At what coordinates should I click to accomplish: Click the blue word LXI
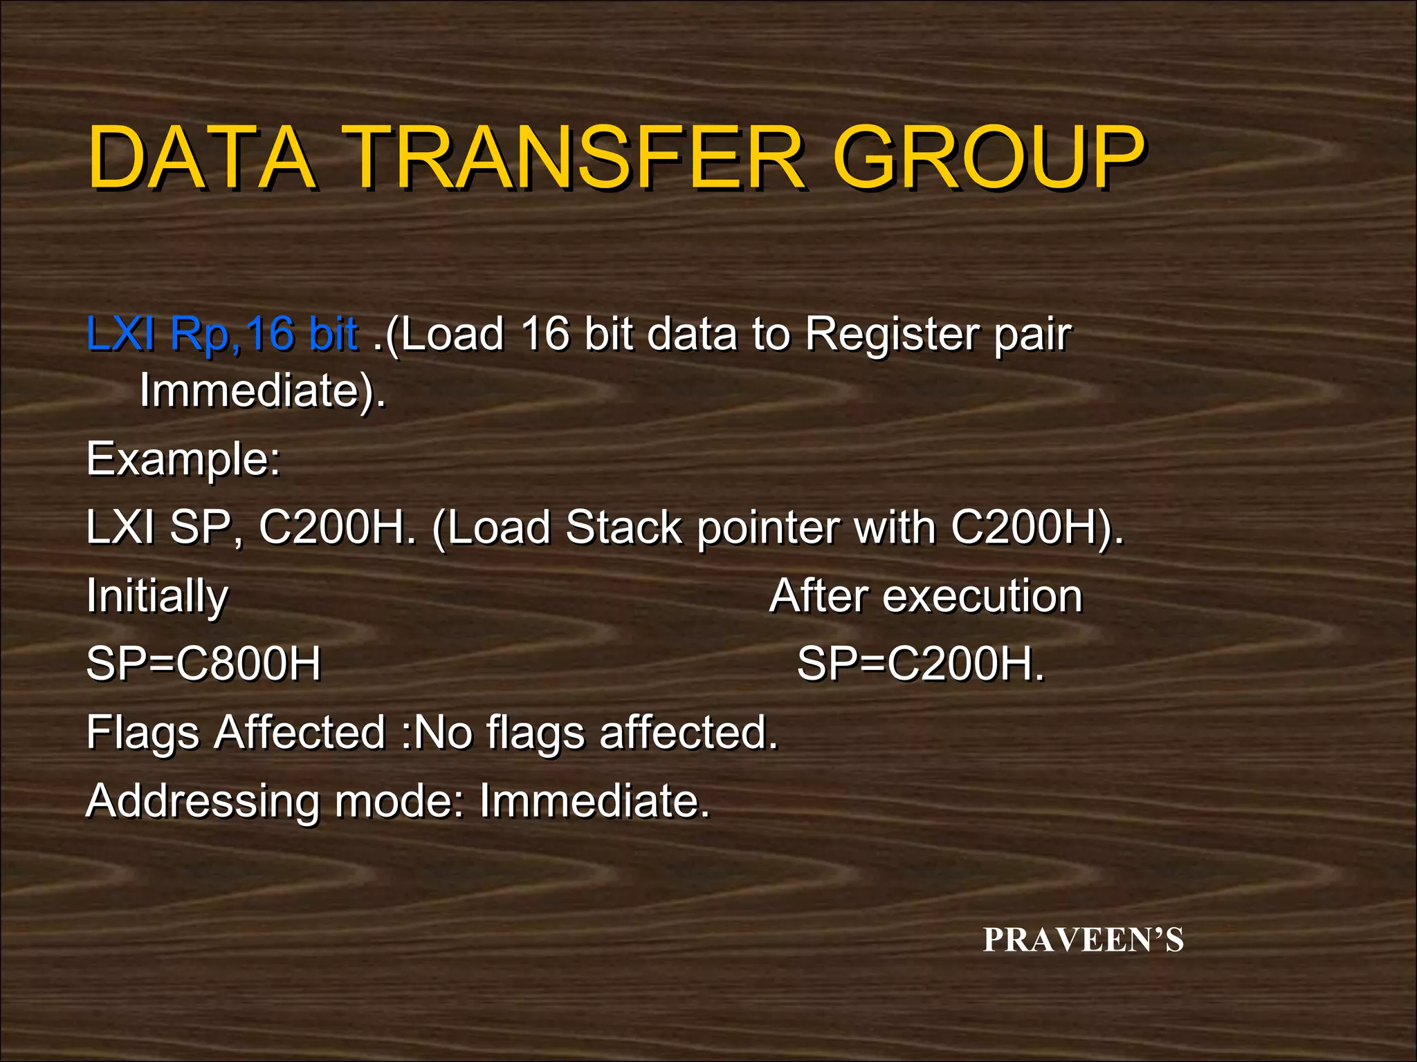coord(120,334)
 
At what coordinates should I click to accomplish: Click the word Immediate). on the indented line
coord(262,391)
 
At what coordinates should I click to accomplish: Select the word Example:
coord(183,459)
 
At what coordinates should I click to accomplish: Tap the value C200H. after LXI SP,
coord(338,528)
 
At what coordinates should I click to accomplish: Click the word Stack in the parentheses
coord(623,528)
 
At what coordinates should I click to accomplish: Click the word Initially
coord(157,597)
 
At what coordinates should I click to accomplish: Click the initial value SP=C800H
coord(203,664)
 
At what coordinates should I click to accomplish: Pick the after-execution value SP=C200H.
coord(920,664)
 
